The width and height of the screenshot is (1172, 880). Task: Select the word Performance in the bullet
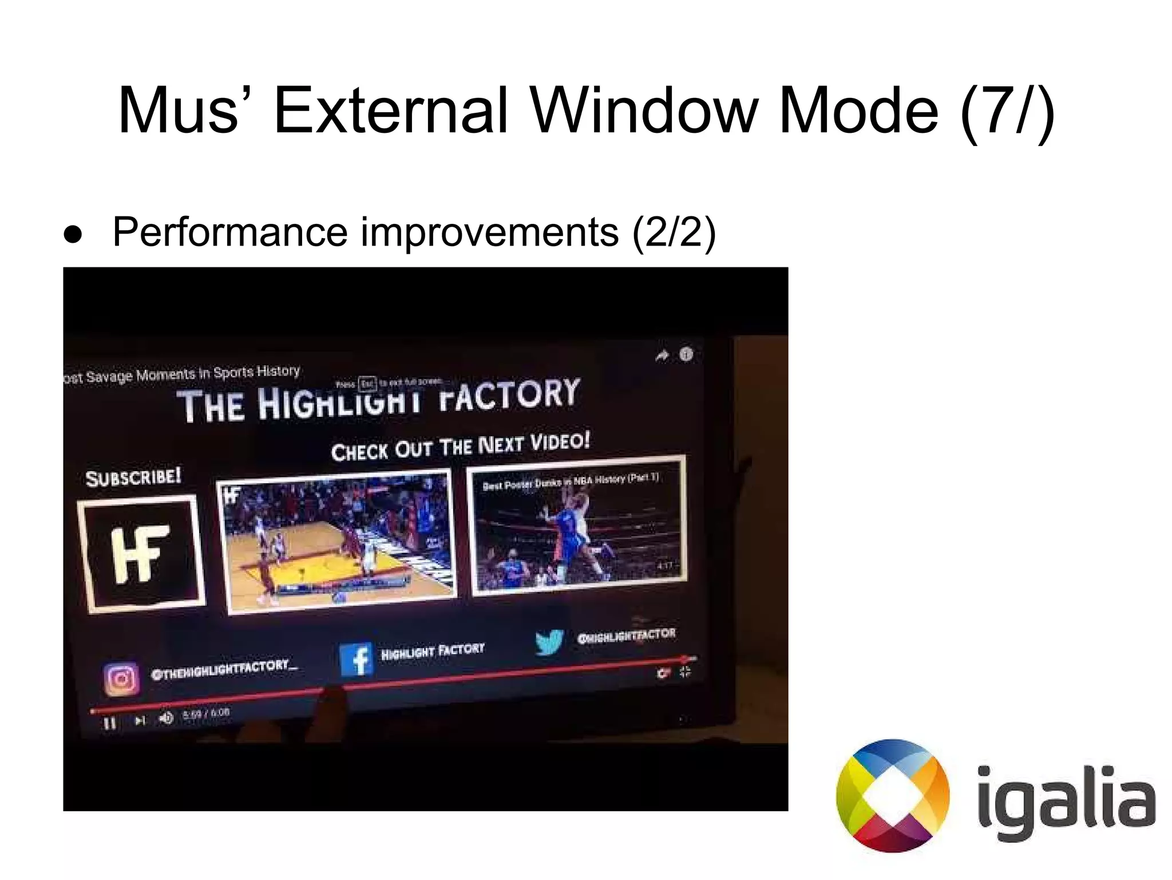pyautogui.click(x=230, y=232)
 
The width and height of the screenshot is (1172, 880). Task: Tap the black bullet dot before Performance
pyautogui.click(x=73, y=235)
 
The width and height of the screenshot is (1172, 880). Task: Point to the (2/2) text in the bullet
pyautogui.click(x=674, y=232)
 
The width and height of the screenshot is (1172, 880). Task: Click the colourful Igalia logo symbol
pyautogui.click(x=893, y=795)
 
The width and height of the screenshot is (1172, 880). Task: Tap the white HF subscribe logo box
pyautogui.click(x=141, y=553)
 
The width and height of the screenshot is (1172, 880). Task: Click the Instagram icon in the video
pyautogui.click(x=121, y=679)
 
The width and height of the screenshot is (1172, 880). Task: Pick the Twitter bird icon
pyautogui.click(x=549, y=641)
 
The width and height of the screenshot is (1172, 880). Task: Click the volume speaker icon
pyautogui.click(x=166, y=718)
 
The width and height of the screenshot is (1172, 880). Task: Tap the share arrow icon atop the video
pyautogui.click(x=662, y=356)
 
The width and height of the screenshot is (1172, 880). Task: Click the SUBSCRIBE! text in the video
pyautogui.click(x=133, y=477)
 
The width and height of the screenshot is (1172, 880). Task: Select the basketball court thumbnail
pyautogui.click(x=336, y=541)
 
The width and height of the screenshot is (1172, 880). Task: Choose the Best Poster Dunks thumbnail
pyautogui.click(x=577, y=526)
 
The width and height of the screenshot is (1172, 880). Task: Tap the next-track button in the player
pyautogui.click(x=140, y=720)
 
